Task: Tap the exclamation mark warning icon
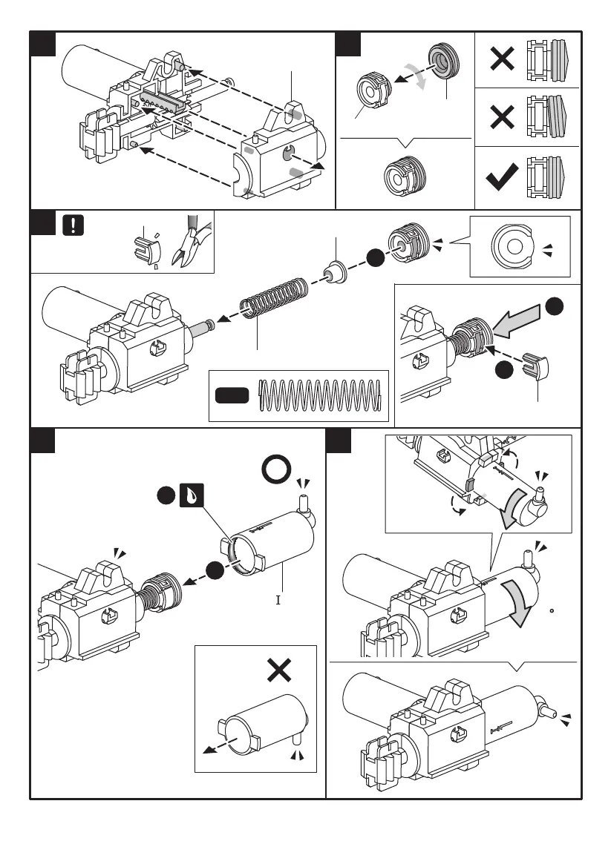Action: (x=73, y=225)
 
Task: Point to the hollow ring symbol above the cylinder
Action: (x=276, y=470)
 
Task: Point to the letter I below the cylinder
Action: (x=278, y=599)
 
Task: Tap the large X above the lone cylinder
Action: (x=278, y=671)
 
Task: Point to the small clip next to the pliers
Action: (x=147, y=249)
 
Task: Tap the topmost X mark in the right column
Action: (x=503, y=59)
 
